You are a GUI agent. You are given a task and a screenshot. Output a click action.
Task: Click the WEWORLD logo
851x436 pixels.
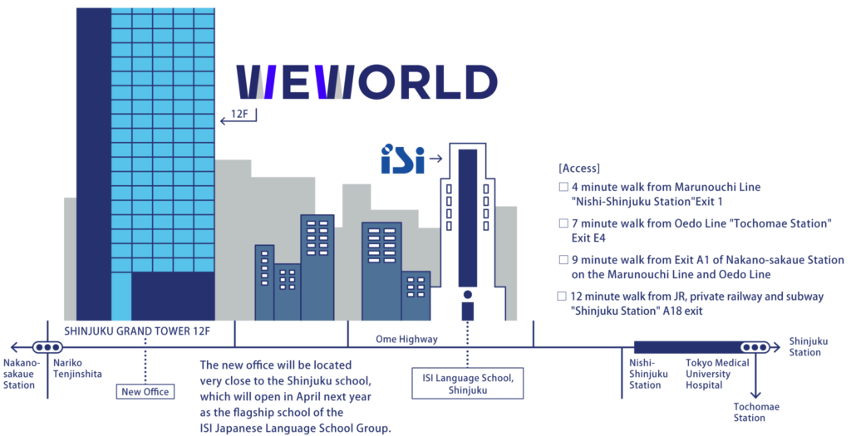tap(366, 82)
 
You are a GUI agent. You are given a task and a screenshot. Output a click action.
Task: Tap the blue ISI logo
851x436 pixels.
tap(403, 159)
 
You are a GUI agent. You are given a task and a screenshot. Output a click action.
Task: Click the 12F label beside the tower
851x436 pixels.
tap(239, 114)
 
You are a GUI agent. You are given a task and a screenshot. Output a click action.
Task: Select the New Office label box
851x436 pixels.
tap(145, 391)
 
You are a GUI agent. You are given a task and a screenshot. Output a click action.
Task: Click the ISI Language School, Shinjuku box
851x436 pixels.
tap(467, 384)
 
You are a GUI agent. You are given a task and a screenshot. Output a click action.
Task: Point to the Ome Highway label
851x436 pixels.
tap(406, 339)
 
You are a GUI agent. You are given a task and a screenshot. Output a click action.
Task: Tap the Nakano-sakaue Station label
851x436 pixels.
tap(20, 374)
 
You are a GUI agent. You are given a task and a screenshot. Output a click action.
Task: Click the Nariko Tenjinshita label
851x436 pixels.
tap(77, 368)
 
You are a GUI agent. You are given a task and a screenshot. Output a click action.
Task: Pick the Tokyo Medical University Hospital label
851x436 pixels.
tap(717, 374)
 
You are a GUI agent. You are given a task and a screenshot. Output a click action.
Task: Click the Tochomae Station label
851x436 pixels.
tap(756, 412)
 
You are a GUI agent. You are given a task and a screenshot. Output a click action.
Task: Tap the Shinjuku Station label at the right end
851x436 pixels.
tap(808, 346)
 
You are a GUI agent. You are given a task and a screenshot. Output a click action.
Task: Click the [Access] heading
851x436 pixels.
tap(579, 168)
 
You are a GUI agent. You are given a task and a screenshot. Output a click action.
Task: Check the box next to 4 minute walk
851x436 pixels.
tap(563, 187)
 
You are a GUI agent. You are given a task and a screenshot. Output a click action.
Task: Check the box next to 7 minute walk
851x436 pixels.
tap(563, 223)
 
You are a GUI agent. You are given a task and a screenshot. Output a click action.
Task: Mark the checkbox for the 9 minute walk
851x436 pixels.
tap(563, 260)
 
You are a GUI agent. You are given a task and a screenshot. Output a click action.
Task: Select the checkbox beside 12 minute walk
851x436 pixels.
tap(562, 296)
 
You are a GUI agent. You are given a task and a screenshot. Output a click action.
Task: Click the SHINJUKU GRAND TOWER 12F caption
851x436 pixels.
tap(137, 331)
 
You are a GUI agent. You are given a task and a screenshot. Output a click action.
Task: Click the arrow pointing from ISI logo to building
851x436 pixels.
tap(435, 159)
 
